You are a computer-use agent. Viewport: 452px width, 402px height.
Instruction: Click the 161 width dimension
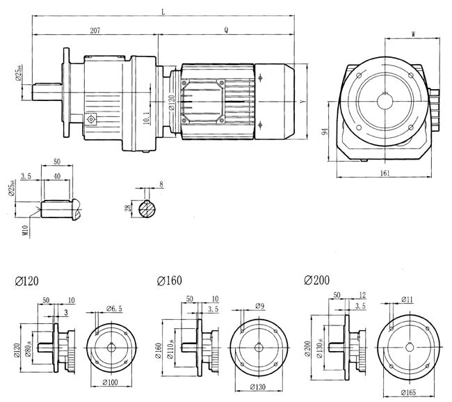pos(385,173)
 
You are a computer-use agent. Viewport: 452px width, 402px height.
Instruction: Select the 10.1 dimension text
pos(146,118)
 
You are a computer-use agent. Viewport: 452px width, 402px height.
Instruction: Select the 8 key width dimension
pos(161,185)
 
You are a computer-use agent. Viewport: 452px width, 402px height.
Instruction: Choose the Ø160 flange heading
pos(170,281)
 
